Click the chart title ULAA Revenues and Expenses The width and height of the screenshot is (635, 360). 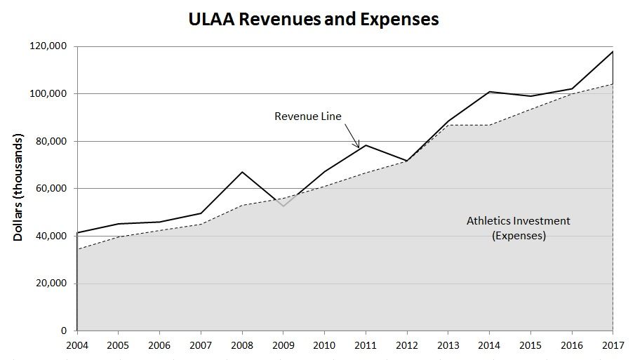point(313,19)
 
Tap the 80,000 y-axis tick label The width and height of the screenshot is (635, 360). point(51,141)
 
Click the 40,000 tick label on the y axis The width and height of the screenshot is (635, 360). point(51,236)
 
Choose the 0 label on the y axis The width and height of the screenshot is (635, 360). point(64,331)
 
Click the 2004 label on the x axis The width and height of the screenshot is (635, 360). point(76,345)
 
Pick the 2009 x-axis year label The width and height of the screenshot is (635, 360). point(283,345)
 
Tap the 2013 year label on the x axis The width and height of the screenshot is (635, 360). point(448,345)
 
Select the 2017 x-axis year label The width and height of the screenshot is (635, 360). point(613,345)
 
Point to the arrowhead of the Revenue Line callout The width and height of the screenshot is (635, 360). point(359,147)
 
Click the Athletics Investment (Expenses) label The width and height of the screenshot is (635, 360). point(519,229)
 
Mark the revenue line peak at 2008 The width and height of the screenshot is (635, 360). point(242,172)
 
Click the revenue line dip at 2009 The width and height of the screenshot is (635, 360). point(283,206)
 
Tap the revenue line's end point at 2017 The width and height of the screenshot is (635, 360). point(613,51)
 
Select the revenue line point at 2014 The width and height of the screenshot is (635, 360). point(489,91)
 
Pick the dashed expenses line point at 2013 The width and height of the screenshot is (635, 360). point(448,125)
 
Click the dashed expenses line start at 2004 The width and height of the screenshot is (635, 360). point(77,249)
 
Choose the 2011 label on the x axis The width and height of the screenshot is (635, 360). point(366,345)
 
